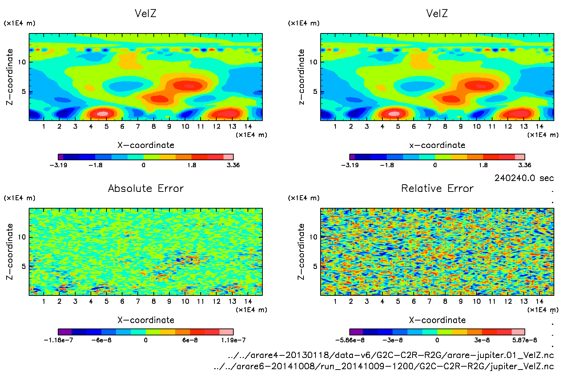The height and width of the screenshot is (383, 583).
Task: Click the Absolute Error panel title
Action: (x=146, y=188)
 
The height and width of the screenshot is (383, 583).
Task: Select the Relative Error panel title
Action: (x=437, y=188)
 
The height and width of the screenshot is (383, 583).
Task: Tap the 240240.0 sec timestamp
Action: (x=524, y=178)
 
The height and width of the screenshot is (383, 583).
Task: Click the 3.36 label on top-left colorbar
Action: (x=233, y=165)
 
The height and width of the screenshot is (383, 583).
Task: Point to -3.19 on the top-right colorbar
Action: (x=350, y=165)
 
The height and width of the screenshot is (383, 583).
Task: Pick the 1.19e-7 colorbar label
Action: (x=233, y=340)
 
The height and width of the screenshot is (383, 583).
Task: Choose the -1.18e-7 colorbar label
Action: (x=59, y=340)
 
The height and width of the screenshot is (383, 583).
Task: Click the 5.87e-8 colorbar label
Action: (x=524, y=340)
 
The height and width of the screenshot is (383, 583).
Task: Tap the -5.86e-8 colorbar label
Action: (x=350, y=340)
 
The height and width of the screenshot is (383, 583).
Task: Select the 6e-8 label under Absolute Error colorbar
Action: (x=190, y=340)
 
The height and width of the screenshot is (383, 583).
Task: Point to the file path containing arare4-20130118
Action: (x=391, y=355)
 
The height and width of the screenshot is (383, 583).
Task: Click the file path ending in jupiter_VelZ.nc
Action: (x=384, y=366)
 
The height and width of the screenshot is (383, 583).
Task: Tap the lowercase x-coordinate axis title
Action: (x=437, y=145)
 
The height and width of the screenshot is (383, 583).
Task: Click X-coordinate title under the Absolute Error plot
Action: (x=146, y=320)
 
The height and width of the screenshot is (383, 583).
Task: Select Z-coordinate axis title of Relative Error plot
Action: (x=301, y=251)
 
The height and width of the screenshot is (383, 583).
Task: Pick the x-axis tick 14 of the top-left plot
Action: (x=248, y=126)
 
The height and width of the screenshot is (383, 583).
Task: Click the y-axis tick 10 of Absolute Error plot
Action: (x=22, y=237)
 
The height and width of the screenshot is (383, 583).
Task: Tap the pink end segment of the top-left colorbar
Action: (x=228, y=157)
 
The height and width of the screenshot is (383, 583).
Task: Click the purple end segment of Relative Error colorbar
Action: (x=356, y=332)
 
